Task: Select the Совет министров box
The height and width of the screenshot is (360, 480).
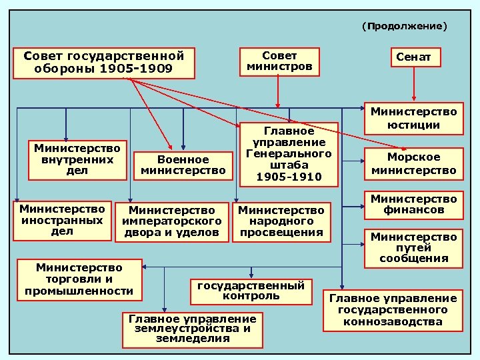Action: (x=280, y=61)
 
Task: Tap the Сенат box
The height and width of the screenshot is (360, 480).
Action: (x=413, y=57)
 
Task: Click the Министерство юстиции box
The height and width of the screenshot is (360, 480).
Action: (x=414, y=118)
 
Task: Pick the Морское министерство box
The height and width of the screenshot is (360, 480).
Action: (x=414, y=164)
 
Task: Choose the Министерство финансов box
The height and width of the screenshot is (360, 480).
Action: (x=414, y=205)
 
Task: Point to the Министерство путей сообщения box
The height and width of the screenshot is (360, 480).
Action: (x=414, y=247)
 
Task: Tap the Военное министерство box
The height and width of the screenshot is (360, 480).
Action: (x=183, y=165)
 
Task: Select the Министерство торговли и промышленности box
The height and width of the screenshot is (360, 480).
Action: (x=79, y=279)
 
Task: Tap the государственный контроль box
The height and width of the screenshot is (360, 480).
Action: (x=251, y=289)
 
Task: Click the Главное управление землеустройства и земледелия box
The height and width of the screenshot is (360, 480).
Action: (x=192, y=328)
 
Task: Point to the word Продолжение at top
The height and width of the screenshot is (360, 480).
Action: (x=405, y=26)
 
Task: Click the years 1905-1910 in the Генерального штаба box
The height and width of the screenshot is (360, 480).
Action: (x=289, y=177)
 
